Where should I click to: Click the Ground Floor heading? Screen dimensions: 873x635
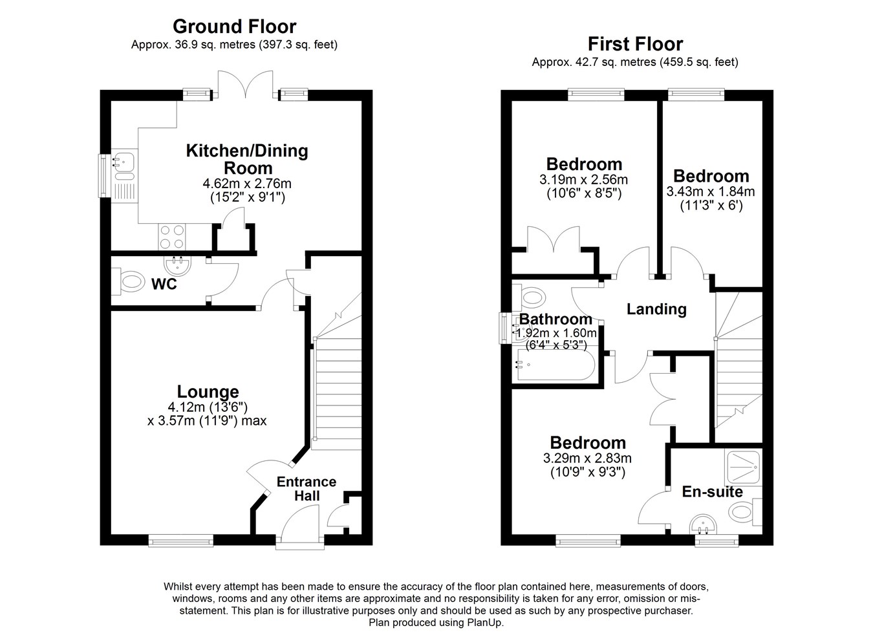tap(234, 27)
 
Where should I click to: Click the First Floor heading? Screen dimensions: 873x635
tap(635, 45)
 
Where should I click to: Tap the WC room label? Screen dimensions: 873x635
tap(164, 284)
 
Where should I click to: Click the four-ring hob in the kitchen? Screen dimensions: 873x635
tap(172, 237)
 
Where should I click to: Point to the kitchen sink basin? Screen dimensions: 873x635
tap(124, 160)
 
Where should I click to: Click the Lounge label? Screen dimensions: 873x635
tap(208, 392)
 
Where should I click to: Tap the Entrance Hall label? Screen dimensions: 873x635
tap(307, 489)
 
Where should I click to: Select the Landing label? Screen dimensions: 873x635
tap(656, 309)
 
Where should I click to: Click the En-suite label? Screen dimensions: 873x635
tap(713, 492)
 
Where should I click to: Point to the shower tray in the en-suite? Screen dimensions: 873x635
tap(743, 468)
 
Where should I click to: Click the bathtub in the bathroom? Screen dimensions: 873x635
tap(555, 365)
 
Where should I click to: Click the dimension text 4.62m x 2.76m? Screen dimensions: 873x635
tap(247, 183)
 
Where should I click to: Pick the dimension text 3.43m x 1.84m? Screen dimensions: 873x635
tap(711, 192)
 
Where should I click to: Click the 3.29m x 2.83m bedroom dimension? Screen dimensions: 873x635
tap(588, 458)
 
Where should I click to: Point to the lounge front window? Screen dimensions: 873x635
tap(181, 541)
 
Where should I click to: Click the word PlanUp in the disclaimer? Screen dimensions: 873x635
tap(485, 623)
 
